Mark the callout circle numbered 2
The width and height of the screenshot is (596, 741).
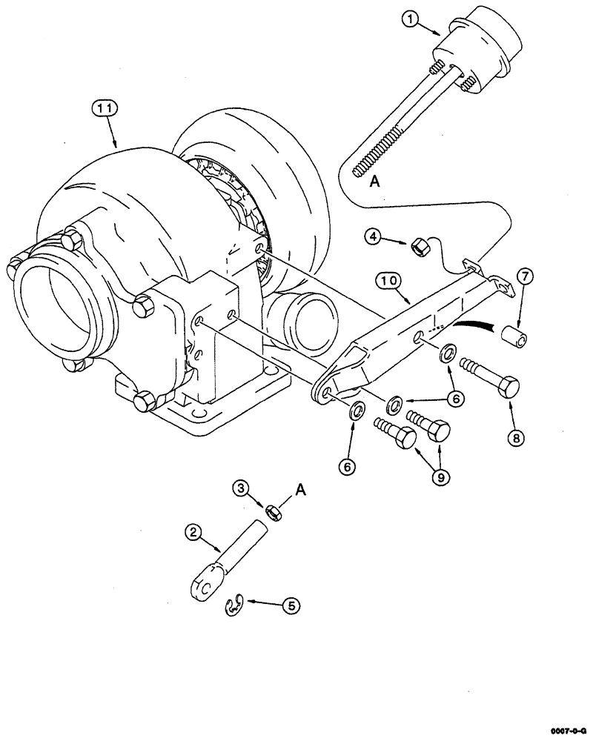coord(193,531)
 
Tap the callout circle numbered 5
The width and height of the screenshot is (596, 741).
coord(292,605)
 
